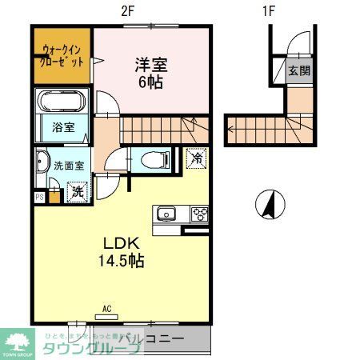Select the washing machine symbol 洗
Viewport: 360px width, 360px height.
tap(77, 191)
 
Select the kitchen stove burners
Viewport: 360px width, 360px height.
tap(198, 213)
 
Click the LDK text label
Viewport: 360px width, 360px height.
tap(121, 242)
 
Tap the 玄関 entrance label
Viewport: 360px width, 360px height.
tap(300, 70)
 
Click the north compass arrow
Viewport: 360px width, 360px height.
tap(269, 205)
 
